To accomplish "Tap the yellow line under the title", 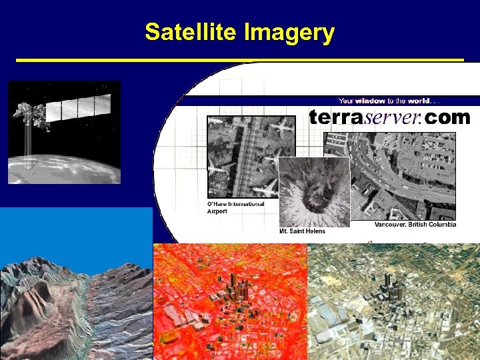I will tap(239, 60).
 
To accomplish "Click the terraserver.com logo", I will tap(389, 118).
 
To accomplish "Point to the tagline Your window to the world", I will tap(389, 101).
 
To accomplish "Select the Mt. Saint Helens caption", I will tap(302, 231).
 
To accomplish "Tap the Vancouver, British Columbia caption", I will tap(415, 224).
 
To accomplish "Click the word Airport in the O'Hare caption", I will tap(217, 211).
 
